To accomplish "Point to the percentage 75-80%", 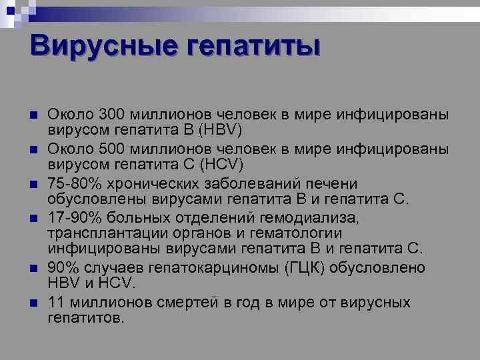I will (x=71, y=183).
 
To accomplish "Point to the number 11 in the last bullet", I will (x=56, y=303).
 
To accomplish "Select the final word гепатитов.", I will (x=85, y=317).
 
